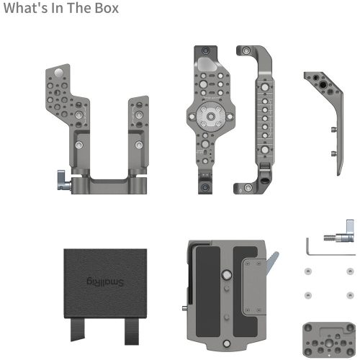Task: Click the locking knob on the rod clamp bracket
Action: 60,176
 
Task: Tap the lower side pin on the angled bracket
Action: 334,153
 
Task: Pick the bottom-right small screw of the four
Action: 333,295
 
